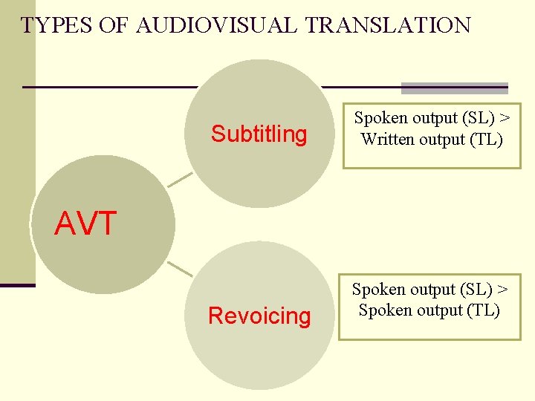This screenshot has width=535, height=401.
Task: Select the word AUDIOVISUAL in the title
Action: [x=218, y=25]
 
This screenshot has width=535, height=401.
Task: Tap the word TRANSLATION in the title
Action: [x=389, y=25]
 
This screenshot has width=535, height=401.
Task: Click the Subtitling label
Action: [x=259, y=134]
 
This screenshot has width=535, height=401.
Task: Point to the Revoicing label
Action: [x=259, y=316]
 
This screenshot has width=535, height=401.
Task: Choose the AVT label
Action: [x=85, y=224]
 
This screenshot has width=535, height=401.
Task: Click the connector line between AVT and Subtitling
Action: [x=180, y=180]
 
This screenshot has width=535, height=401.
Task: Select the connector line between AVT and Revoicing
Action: [x=180, y=268]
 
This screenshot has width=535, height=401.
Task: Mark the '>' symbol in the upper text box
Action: [x=505, y=118]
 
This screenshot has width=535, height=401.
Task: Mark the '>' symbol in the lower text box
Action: [x=503, y=289]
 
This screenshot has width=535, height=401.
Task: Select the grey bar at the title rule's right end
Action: [x=454, y=88]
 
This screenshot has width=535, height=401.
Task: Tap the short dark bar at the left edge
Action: [x=17, y=285]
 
